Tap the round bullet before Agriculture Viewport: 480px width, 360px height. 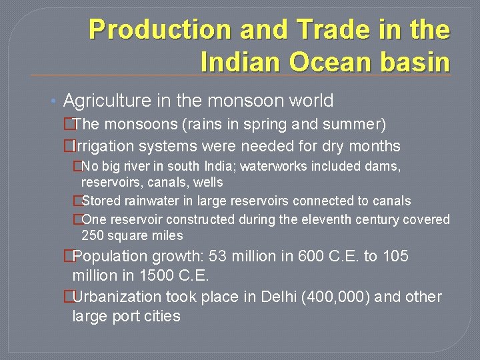coord(54,101)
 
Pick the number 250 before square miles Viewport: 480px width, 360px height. coord(93,235)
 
